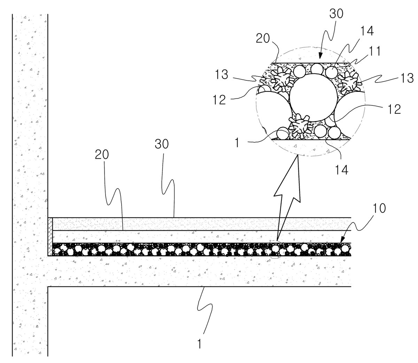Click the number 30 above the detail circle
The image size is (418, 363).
(336, 14)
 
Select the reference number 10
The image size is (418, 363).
(379, 208)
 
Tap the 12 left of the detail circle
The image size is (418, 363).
(219, 100)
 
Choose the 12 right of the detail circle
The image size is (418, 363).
(394, 109)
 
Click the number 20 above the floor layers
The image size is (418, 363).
(102, 155)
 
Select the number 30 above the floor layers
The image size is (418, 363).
(161, 144)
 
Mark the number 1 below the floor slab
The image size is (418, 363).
(199, 344)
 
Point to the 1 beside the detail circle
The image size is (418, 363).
(237, 143)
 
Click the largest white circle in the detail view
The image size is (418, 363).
(313, 97)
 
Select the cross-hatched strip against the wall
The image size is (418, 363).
(50, 237)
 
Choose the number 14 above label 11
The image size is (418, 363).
(367, 31)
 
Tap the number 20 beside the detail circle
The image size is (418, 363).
(263, 38)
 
